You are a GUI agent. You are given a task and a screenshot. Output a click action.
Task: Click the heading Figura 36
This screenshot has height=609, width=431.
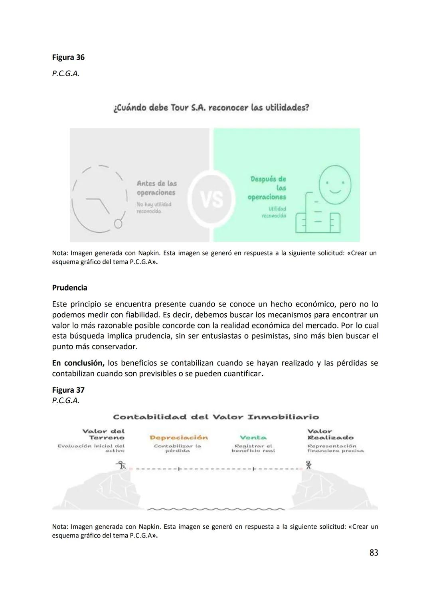coord(68,57)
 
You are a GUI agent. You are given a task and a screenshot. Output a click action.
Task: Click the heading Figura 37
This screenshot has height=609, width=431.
coord(68,390)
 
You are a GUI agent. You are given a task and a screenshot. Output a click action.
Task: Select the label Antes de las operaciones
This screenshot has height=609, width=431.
coord(156,188)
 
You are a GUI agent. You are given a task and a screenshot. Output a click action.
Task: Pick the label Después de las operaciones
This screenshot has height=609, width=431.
coord(267,188)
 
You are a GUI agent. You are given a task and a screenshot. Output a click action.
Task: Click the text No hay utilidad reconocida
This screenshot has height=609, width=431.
coord(154,208)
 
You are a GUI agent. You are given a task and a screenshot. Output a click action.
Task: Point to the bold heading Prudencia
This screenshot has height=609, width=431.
coord(69,288)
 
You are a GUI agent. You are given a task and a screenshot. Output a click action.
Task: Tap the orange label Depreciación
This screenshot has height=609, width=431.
coord(178,438)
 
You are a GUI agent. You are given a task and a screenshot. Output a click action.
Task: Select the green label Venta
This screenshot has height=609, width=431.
coord(253,438)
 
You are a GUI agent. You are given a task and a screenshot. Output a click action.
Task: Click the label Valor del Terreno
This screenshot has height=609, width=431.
coord(103,434)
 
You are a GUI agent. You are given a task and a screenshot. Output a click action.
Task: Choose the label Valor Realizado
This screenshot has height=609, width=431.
coord(330,434)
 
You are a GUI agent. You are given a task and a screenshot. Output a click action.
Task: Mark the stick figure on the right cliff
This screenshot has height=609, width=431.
coord(308,465)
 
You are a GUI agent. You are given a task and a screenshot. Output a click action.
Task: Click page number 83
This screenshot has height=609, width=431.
coord(374,553)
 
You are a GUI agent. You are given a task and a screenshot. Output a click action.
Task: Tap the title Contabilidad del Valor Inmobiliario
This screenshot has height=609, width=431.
coord(216,417)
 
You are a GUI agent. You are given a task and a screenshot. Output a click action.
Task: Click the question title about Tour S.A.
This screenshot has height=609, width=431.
coord(211,108)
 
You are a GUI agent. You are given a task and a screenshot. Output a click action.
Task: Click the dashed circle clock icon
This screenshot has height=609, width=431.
coord(100,199)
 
